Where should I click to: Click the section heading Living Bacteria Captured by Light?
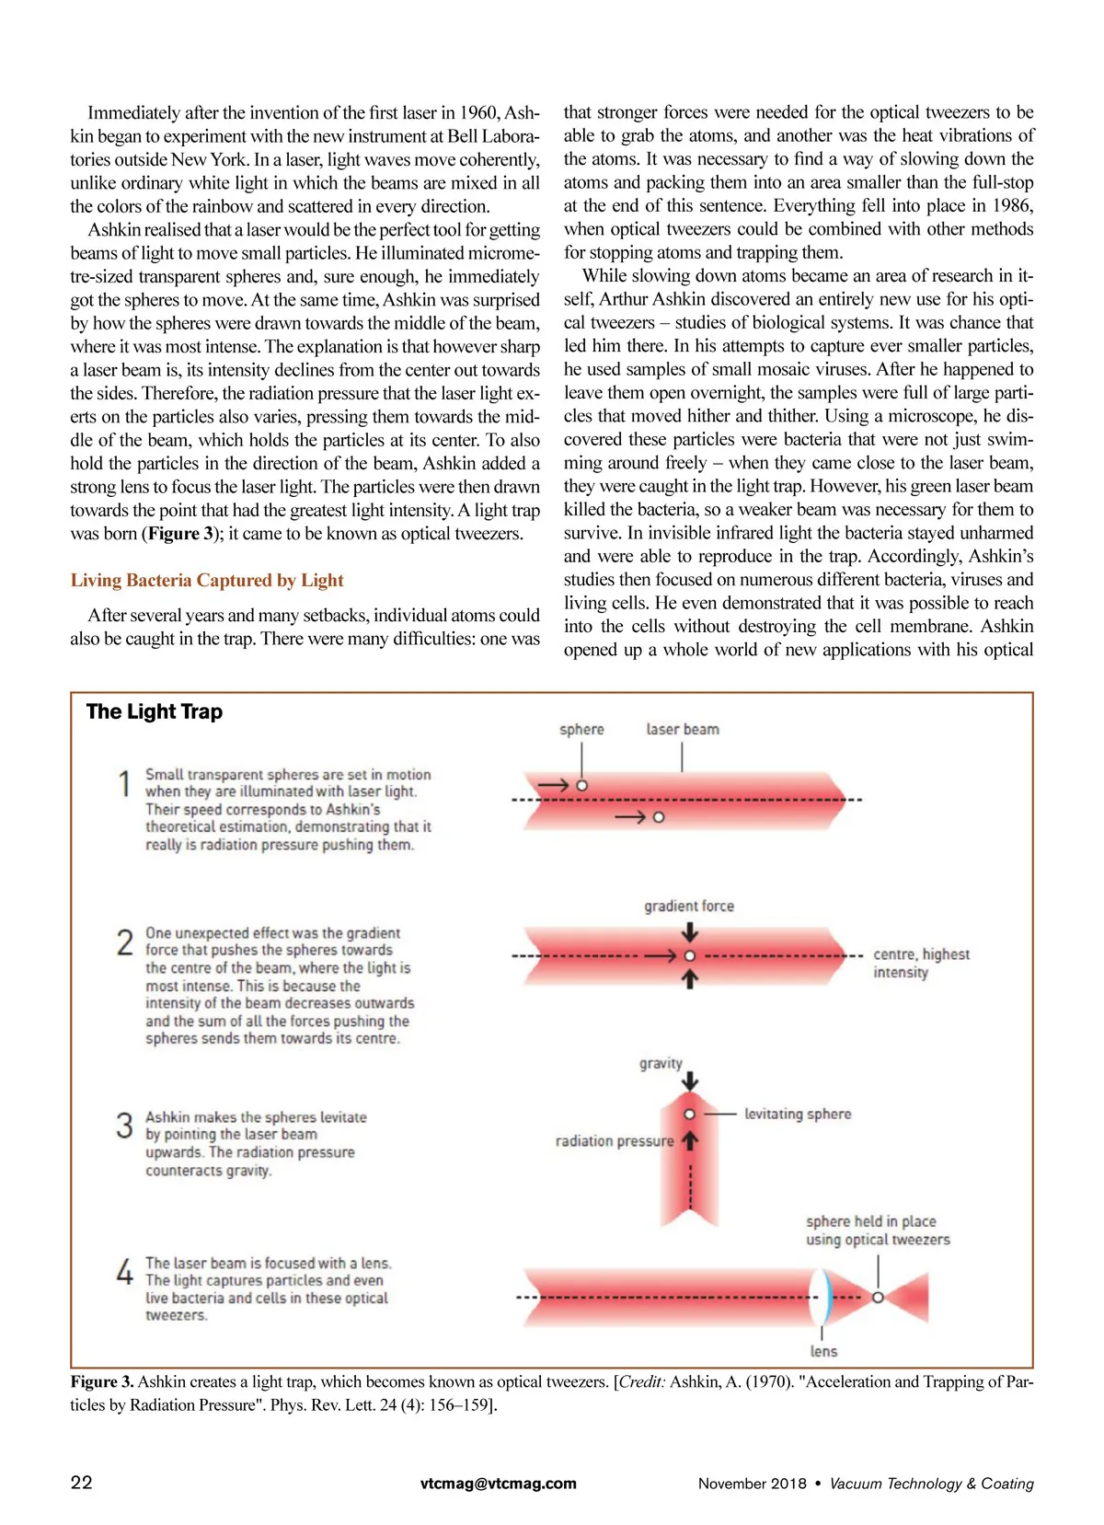point(207,581)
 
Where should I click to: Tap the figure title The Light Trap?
point(155,711)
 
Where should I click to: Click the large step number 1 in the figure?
point(125,784)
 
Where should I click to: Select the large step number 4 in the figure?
point(125,1272)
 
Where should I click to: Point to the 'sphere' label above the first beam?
point(581,730)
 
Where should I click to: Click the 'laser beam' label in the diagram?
point(683,730)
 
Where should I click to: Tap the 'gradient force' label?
point(689,907)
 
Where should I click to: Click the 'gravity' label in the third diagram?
point(661,1064)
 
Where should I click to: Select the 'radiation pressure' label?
point(615,1141)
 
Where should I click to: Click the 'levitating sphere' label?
point(798,1115)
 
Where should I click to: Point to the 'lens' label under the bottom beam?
point(823,1351)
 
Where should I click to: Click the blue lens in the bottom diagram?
point(824,1296)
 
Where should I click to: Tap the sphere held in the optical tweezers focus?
point(878,1297)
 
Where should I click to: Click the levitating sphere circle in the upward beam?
point(690,1115)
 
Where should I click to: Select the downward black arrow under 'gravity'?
point(690,1081)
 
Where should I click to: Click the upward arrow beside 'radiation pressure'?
point(690,1141)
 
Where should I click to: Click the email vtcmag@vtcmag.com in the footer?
point(499,1484)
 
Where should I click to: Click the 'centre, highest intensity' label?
point(921,964)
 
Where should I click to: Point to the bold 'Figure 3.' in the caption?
point(102,1381)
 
